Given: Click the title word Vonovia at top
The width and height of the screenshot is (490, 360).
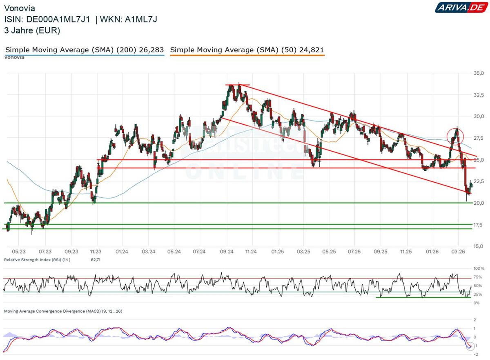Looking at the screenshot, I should (19, 8).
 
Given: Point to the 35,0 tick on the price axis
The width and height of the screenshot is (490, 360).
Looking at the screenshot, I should (478, 73).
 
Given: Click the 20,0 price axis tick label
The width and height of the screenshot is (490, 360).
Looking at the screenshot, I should (478, 203).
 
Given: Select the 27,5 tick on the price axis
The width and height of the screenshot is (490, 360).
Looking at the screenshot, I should (478, 138).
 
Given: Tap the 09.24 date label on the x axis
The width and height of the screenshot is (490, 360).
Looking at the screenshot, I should (226, 252).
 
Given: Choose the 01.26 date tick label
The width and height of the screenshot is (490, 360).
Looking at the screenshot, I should (432, 252).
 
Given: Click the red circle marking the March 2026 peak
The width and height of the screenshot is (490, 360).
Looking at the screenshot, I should (455, 136).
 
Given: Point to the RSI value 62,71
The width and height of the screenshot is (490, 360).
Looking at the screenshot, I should (96, 259).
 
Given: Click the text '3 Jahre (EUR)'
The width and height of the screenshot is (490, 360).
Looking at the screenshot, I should (32, 30).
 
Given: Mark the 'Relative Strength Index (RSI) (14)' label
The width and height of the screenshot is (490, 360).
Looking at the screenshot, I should (37, 259).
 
